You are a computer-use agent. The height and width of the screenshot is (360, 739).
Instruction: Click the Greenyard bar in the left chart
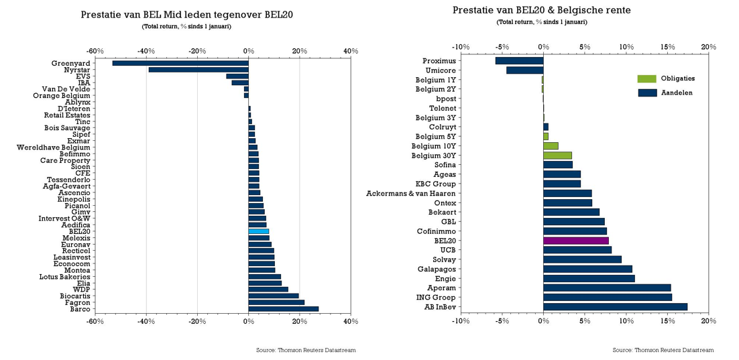point(180,63)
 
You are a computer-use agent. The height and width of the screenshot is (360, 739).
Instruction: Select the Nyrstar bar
point(198,70)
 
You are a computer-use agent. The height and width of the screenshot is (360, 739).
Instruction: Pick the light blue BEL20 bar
point(258,231)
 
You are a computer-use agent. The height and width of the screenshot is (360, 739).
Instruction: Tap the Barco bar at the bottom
point(283,309)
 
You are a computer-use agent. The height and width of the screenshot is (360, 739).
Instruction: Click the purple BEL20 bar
point(575,241)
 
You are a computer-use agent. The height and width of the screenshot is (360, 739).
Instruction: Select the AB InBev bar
point(615,307)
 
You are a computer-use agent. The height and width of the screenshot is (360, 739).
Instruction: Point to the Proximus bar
point(519,61)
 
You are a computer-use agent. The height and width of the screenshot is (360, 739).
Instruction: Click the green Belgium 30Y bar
point(557,156)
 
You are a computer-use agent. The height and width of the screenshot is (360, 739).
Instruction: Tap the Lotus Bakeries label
point(64,277)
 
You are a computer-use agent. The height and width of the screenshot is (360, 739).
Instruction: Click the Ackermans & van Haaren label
point(411,194)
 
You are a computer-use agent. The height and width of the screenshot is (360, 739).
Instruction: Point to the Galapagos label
point(436,269)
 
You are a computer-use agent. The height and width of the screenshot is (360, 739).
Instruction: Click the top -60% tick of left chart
point(95,51)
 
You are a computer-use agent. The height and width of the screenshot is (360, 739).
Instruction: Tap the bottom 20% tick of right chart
point(708,321)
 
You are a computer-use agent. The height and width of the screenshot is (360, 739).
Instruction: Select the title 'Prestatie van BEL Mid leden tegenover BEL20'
point(186,15)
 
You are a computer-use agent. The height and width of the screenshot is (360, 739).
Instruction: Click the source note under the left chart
point(306,350)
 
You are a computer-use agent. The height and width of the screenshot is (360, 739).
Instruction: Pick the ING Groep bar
point(607,298)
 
